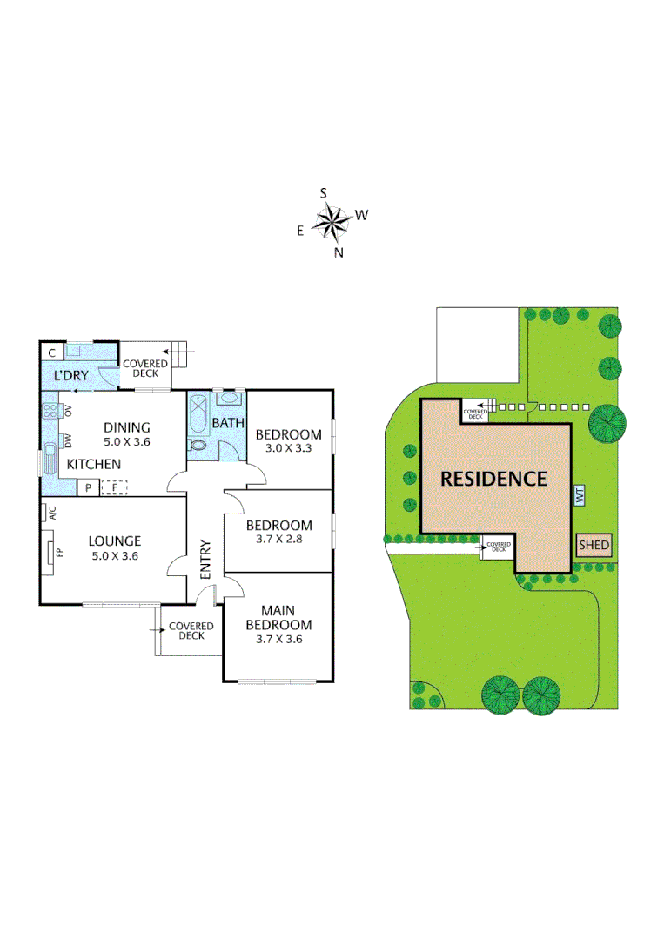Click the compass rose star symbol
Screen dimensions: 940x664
[x=331, y=223]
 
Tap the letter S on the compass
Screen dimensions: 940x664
[x=324, y=193]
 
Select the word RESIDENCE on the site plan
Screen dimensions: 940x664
[x=493, y=479]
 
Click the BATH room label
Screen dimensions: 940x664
[x=228, y=423]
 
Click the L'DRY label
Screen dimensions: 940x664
[x=69, y=375]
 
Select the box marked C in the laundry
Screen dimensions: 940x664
[x=52, y=352]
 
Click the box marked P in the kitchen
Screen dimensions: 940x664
[x=88, y=487]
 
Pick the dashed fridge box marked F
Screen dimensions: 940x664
[x=114, y=487]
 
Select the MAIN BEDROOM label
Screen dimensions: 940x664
[x=278, y=618]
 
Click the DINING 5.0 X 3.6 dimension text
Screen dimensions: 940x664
[x=127, y=441]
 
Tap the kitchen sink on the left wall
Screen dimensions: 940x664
[x=50, y=458]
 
